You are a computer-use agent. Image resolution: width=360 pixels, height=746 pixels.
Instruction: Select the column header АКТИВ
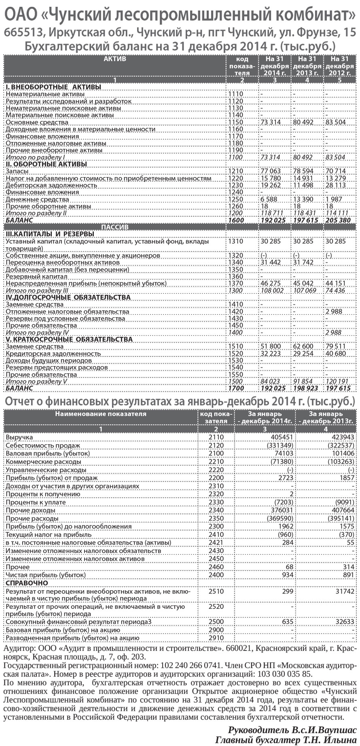coord(115,59)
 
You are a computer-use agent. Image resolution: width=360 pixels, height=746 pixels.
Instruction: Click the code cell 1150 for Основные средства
coord(236,122)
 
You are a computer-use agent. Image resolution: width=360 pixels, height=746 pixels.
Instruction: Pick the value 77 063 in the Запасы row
coord(270,171)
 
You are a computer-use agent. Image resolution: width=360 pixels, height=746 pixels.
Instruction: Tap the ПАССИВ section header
coord(115,227)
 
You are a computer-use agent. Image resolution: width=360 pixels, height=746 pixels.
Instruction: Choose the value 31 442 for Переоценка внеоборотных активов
coord(270,263)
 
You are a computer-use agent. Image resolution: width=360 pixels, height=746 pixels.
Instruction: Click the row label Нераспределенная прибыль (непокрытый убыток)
coord(86,284)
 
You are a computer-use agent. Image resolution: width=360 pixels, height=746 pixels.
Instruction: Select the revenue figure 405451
coord(282,437)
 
